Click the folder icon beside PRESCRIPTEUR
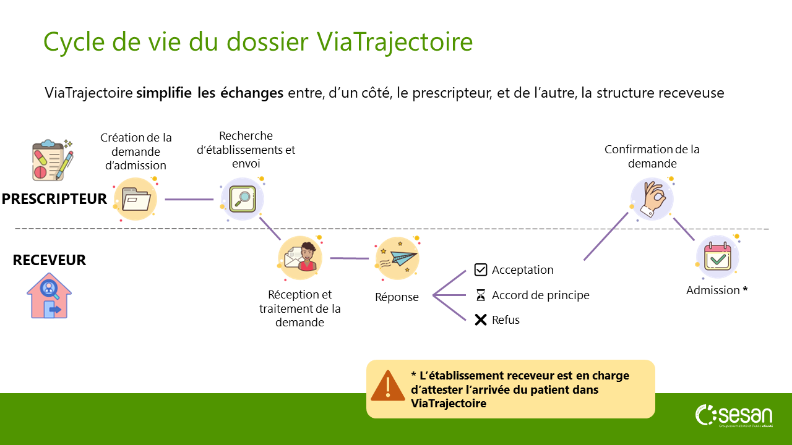136,199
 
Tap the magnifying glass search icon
243,199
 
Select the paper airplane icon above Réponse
397,258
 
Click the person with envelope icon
300,258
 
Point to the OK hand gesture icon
652,199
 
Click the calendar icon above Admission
718,256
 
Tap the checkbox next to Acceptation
481,270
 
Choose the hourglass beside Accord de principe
481,295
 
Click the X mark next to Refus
481,320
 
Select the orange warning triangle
388,386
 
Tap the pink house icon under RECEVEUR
49,295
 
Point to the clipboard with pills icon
53,160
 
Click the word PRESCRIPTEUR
54,199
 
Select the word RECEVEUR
49,260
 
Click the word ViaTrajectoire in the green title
395,42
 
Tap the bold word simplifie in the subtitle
164,93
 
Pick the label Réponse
397,297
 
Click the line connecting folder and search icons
189,200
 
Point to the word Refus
506,320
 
